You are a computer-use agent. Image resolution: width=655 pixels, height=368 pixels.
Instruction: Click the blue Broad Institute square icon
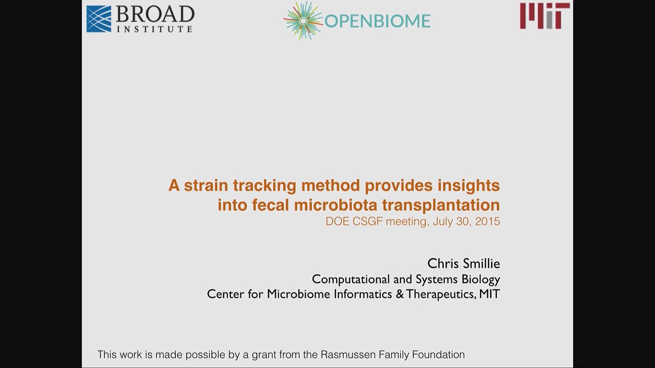(x=99, y=19)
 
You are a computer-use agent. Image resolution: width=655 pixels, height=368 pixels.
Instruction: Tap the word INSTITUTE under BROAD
(x=155, y=29)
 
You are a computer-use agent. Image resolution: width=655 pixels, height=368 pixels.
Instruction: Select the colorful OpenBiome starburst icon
(x=303, y=20)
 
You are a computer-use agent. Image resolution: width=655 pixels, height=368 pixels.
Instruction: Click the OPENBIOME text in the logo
(x=378, y=21)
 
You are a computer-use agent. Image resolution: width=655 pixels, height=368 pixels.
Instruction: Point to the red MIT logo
(x=544, y=16)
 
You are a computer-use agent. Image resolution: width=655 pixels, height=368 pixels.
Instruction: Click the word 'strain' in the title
(x=206, y=185)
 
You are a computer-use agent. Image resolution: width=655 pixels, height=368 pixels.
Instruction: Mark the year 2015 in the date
(x=487, y=222)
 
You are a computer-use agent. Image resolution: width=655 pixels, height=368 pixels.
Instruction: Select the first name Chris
(x=443, y=263)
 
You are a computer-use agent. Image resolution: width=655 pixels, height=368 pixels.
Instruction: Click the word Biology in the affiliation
(x=481, y=279)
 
